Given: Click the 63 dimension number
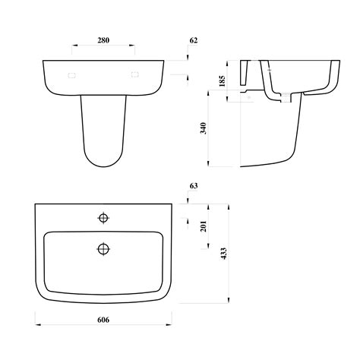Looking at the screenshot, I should (193, 185).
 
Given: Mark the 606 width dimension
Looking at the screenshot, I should (103, 320).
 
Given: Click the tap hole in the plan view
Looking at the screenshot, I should (103, 219).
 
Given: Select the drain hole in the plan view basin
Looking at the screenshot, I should (103, 248).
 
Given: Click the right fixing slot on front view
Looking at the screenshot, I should (136, 74).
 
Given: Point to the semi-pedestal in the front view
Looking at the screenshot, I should (103, 129).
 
